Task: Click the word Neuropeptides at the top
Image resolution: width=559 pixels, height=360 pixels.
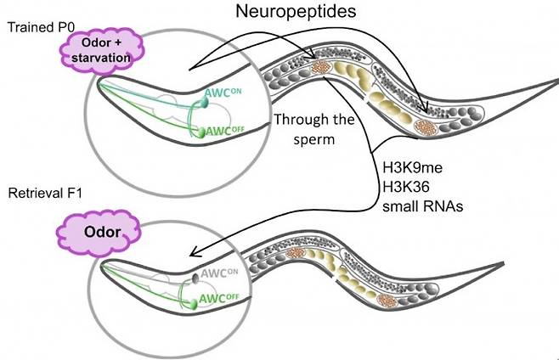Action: coord(302,14)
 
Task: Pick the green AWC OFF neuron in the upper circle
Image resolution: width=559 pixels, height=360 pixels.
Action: coord(201,132)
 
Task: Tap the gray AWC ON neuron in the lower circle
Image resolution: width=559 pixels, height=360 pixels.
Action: coord(196,278)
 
